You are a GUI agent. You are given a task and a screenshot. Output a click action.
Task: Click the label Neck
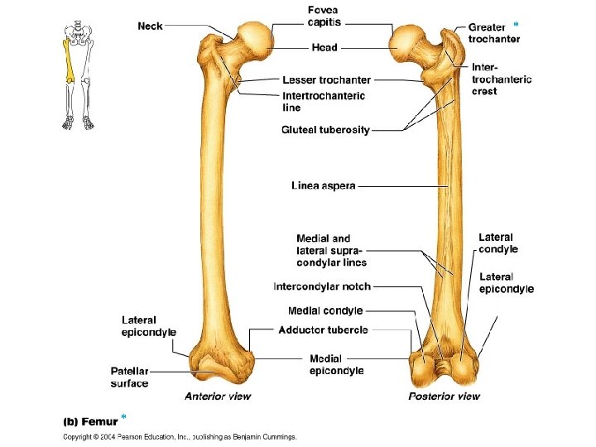click(150, 26)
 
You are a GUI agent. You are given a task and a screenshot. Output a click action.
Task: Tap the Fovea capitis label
click(324, 15)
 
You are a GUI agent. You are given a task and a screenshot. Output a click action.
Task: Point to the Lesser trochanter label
click(326, 80)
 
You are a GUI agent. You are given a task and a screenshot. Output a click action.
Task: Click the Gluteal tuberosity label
click(325, 129)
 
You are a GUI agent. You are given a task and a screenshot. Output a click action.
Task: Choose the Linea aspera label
click(324, 185)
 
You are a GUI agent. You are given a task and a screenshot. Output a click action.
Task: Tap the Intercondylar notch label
click(322, 286)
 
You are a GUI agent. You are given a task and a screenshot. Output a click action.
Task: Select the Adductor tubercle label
click(323, 329)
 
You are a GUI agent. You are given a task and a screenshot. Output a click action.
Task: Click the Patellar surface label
click(129, 377)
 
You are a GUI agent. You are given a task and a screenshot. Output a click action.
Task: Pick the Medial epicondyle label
click(336, 365)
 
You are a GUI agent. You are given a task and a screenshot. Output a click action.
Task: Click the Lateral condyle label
click(498, 243)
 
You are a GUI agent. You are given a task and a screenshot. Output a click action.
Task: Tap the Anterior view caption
click(218, 397)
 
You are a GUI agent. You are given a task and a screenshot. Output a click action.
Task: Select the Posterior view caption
click(444, 397)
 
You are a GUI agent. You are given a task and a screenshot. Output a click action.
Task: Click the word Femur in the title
click(99, 421)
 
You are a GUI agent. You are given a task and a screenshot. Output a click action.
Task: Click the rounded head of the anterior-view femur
click(255, 38)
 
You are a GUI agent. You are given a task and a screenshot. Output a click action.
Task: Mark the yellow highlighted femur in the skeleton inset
click(69, 60)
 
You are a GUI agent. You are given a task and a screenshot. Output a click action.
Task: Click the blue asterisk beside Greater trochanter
click(516, 21)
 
